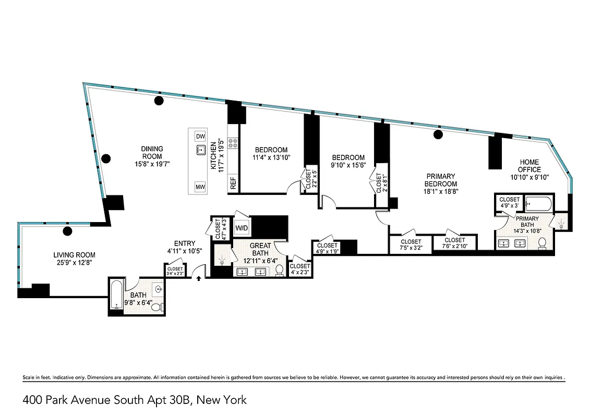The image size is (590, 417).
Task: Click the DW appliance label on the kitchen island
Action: pyautogui.click(x=200, y=137)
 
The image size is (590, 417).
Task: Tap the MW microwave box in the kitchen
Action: pyautogui.click(x=200, y=187)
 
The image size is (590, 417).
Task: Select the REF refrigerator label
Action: pyautogui.click(x=233, y=183)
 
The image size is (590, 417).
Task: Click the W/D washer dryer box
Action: pyautogui.click(x=242, y=228)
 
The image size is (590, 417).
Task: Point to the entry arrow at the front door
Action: pyautogui.click(x=199, y=278)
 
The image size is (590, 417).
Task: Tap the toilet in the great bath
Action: pyautogui.click(x=280, y=270)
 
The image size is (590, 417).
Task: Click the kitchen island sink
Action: pyautogui.click(x=200, y=151)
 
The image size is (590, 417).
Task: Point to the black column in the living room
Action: pyautogui.click(x=67, y=231)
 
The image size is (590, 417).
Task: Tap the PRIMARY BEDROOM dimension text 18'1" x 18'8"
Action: pyautogui.click(x=440, y=191)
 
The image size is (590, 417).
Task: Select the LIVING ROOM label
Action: pyautogui.click(x=74, y=255)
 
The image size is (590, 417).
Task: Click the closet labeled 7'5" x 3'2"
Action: pyautogui.click(x=411, y=244)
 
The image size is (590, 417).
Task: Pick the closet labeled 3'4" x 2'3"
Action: pyautogui.click(x=175, y=271)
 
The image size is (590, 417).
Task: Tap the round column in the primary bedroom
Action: pyautogui.click(x=438, y=135)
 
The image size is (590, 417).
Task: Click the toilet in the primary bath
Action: pyautogui.click(x=542, y=242)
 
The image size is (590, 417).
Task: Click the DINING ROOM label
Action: pyautogui.click(x=152, y=152)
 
